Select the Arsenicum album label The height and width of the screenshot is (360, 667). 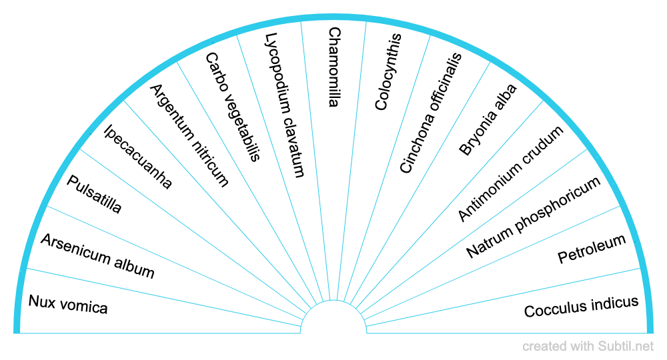point(97,257)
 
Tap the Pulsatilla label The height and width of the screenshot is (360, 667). point(95,195)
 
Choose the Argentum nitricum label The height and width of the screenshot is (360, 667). point(189,135)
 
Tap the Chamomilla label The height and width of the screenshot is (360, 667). point(334,67)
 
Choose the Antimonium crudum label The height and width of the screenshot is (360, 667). point(511,173)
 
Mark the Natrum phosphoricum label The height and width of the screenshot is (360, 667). point(534,217)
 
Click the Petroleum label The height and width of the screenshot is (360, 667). point(592,249)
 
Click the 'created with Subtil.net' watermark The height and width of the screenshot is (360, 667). point(588,346)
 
